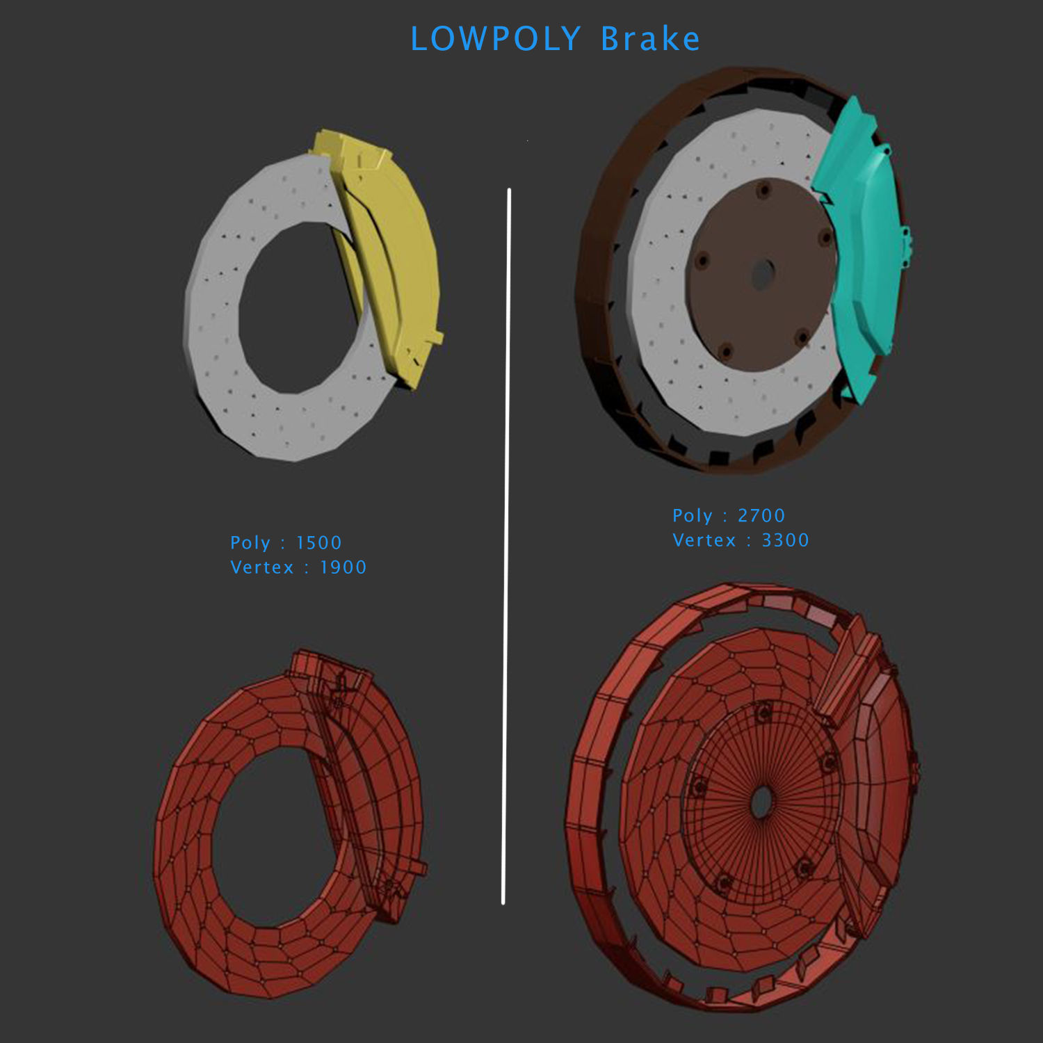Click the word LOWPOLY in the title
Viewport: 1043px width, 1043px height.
click(x=495, y=40)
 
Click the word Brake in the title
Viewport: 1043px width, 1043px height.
click(x=650, y=40)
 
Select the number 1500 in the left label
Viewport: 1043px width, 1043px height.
click(x=318, y=543)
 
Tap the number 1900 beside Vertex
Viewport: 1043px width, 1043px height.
click(x=343, y=567)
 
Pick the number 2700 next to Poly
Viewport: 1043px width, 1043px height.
click(x=761, y=516)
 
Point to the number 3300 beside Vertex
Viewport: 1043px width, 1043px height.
click(x=785, y=540)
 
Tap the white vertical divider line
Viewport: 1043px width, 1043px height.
click(x=507, y=542)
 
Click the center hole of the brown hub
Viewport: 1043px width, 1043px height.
click(x=763, y=274)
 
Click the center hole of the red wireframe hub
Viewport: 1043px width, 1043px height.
click(x=762, y=803)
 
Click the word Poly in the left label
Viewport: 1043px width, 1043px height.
click(x=250, y=543)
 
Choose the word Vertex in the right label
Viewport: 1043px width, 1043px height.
click(x=704, y=540)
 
